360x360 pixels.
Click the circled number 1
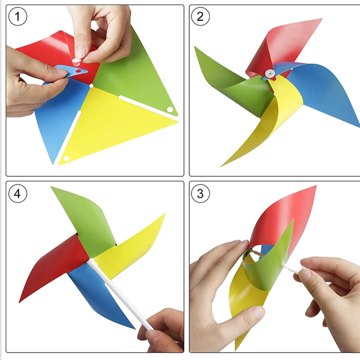click(18, 16)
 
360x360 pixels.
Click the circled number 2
click(200, 16)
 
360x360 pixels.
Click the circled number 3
click(200, 193)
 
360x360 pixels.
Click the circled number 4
click(18, 193)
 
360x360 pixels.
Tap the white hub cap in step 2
click(270, 73)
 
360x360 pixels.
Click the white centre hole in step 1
click(91, 86)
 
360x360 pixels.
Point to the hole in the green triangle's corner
click(170, 109)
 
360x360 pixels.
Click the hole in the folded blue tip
click(78, 71)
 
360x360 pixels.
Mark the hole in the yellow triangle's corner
click(66, 158)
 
